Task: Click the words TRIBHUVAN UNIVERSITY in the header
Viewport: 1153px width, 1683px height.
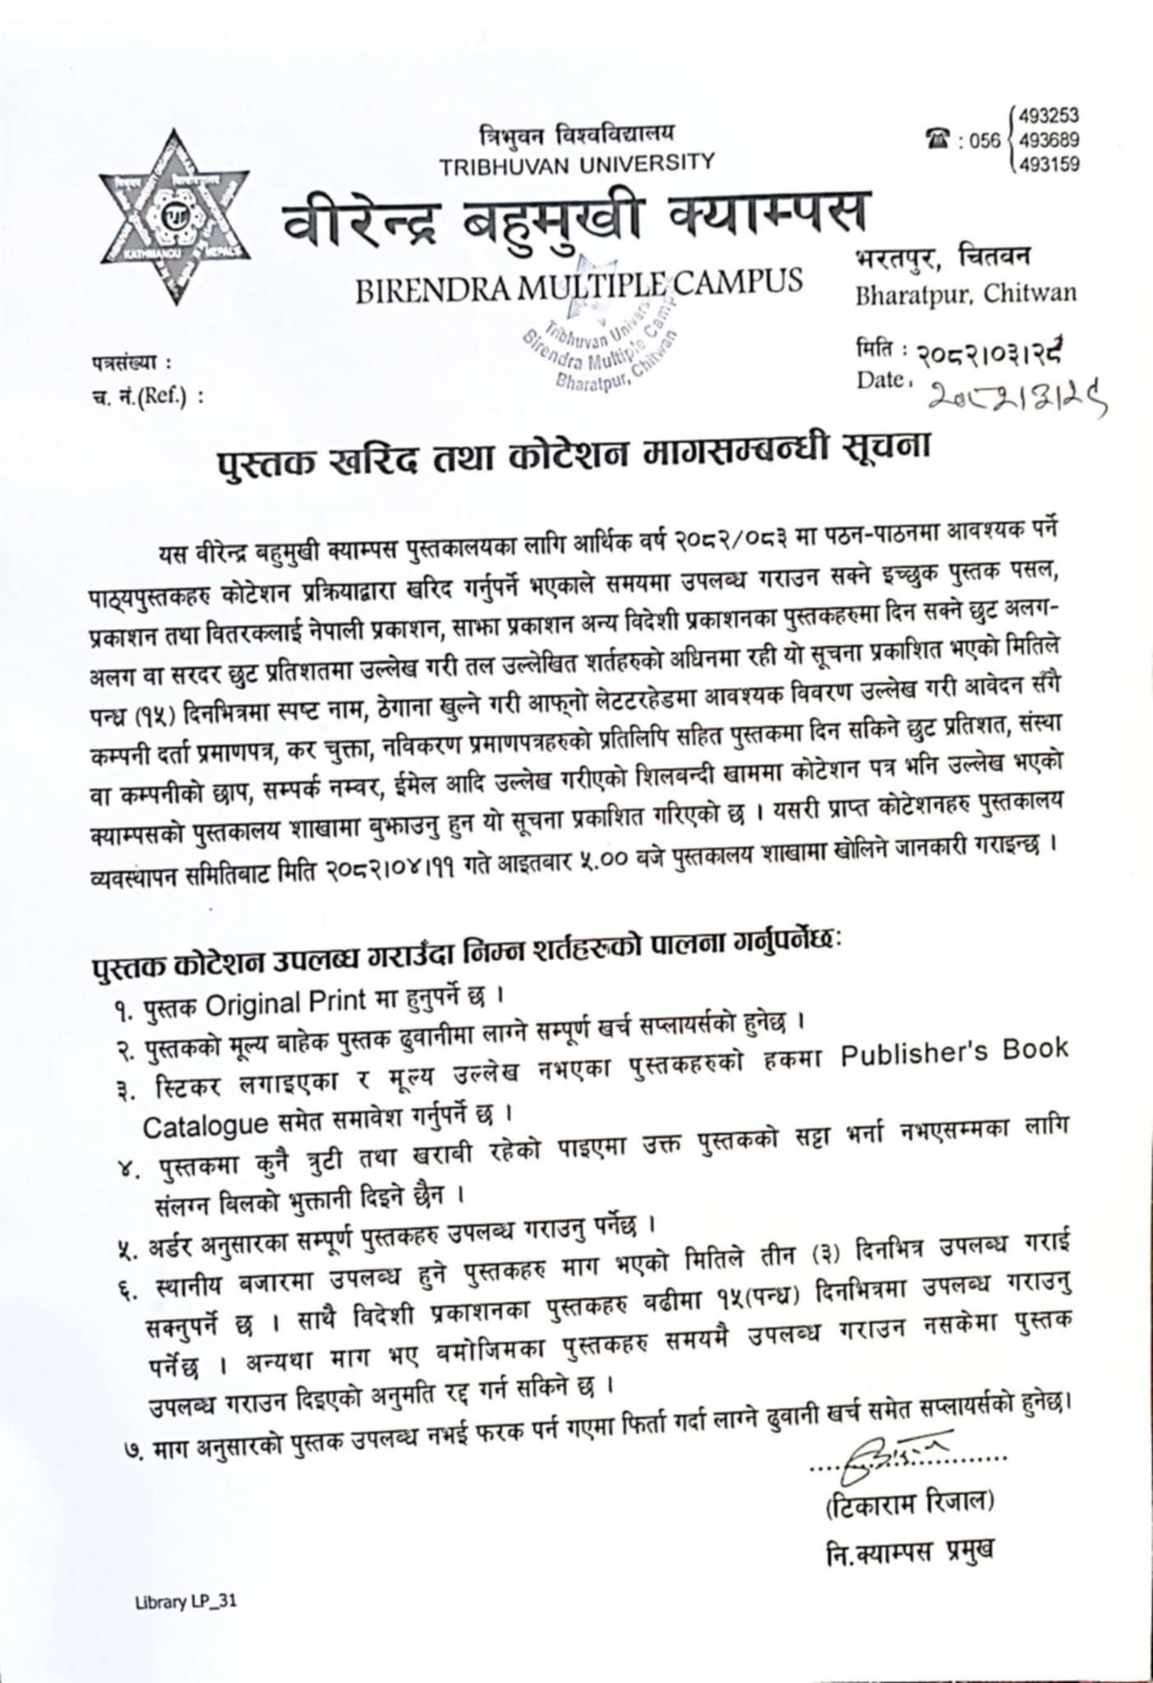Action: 576,163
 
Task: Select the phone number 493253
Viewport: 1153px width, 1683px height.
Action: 1049,115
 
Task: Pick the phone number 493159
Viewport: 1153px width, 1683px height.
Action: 1049,165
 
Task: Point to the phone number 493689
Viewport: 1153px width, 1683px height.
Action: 1049,140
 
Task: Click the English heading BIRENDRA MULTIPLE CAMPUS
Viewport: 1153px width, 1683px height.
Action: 579,281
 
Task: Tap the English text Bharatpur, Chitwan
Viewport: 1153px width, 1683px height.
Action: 966,293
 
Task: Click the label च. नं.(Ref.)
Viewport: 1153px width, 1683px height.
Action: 147,397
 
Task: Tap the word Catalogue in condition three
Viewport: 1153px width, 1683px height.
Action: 205,1124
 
